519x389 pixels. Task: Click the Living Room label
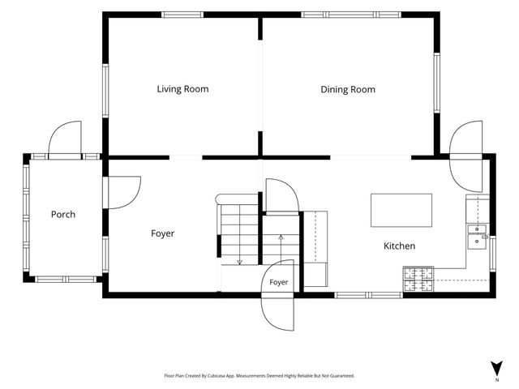[182, 89]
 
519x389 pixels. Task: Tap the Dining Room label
[348, 89]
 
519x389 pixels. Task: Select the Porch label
[63, 214]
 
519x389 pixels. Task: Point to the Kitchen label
[399, 246]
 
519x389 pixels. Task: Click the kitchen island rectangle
[401, 211]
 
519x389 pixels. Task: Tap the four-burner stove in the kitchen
[418, 279]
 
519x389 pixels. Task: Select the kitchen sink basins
[477, 237]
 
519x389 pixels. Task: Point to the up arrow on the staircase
[281, 247]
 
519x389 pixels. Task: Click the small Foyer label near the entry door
[278, 282]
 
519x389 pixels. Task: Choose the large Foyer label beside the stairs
[162, 233]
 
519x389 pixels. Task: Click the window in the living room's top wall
[182, 15]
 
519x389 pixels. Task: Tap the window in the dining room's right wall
[437, 83]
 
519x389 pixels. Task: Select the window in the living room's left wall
[105, 91]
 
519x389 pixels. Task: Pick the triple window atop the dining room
[351, 15]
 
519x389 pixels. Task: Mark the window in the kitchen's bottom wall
[368, 295]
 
